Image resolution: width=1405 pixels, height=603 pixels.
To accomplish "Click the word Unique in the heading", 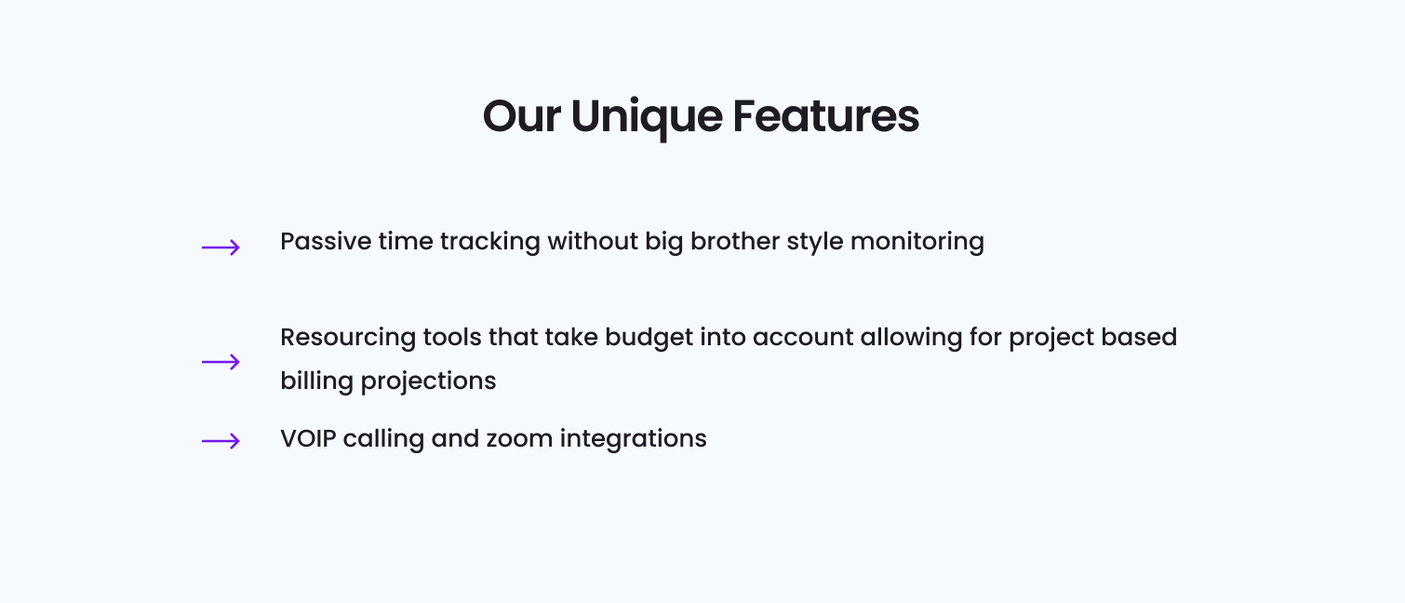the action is [646, 118].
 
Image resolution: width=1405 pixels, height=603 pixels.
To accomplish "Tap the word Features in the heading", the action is [825, 116].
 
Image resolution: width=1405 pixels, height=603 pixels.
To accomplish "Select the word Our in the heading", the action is [521, 116].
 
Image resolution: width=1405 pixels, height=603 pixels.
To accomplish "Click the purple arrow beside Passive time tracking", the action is [221, 248].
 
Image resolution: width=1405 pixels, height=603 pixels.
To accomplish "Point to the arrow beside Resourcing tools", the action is [221, 361].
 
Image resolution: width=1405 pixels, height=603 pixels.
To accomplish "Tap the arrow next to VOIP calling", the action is [221, 441].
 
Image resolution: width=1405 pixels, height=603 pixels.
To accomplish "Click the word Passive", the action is [326, 242].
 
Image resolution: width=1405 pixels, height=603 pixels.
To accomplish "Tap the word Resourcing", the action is [348, 339].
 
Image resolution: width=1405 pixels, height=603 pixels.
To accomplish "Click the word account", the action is [803, 338].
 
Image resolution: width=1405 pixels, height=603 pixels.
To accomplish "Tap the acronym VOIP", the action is [309, 438].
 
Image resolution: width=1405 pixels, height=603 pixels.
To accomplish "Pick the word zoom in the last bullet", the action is [519, 438].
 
